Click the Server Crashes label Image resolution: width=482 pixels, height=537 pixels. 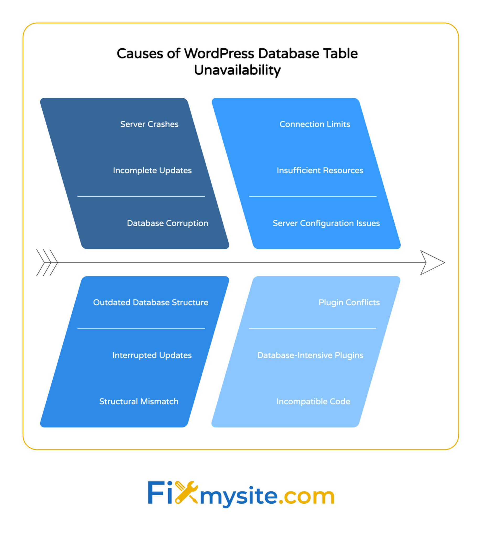point(149,124)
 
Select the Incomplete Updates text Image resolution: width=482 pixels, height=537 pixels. point(152,170)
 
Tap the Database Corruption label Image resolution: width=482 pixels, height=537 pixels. point(167,223)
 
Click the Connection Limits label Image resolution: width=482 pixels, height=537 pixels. point(315,124)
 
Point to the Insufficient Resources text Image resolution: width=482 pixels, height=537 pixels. point(320,170)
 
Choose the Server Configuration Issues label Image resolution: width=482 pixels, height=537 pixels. point(326,223)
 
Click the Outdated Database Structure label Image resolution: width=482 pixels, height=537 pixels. point(151,302)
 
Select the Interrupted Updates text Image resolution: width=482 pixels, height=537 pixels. point(152,355)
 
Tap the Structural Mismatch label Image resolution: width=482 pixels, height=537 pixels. point(138,402)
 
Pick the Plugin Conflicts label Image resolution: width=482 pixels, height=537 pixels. point(349,302)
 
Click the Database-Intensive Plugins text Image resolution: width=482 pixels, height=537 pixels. point(310,355)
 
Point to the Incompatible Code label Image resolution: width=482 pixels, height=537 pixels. point(313,402)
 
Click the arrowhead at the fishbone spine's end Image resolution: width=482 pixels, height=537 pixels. point(431,263)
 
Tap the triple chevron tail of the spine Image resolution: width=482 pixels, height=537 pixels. point(47,263)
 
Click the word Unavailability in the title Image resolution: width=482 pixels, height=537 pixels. point(237,71)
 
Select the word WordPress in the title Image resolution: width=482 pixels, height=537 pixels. point(219,54)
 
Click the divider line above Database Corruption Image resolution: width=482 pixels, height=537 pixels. point(141,197)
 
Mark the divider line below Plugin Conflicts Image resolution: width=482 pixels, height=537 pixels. point(312,329)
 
